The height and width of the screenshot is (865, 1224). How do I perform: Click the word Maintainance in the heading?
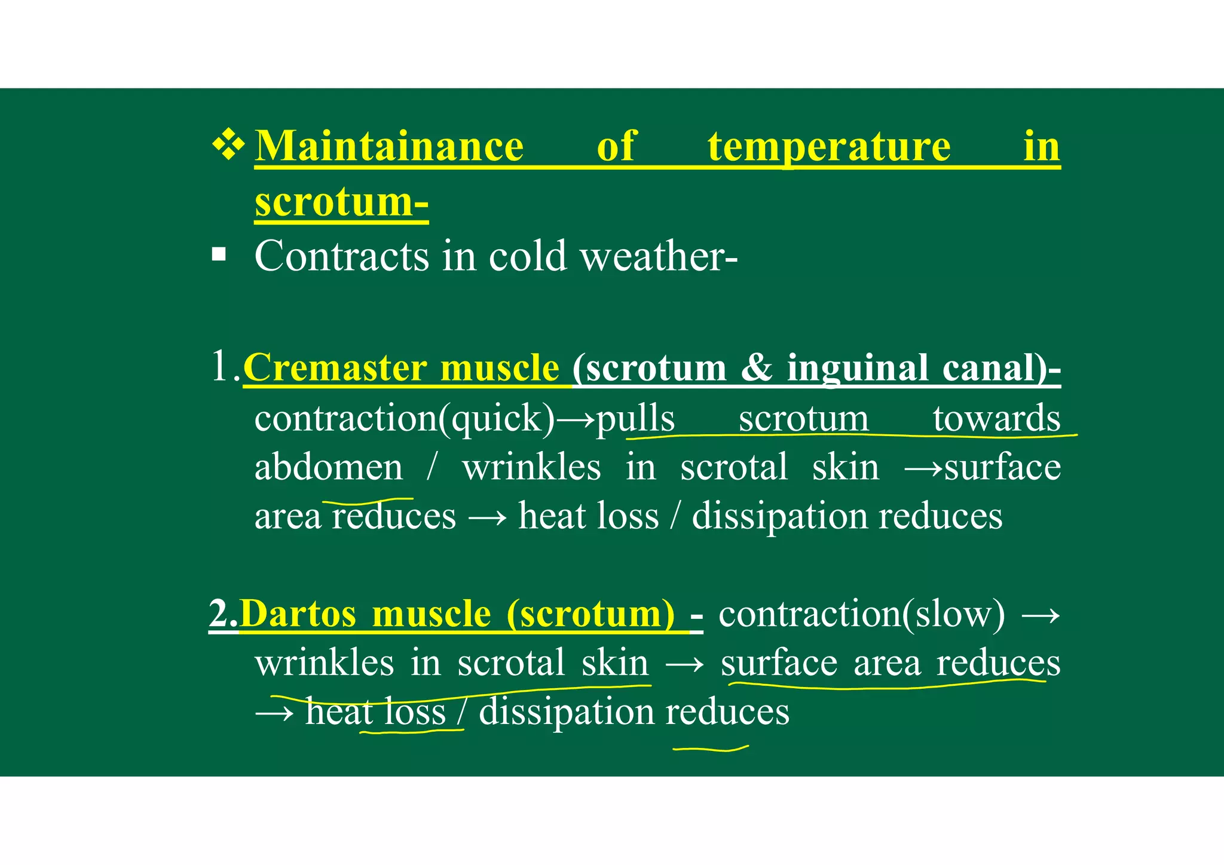coord(389,146)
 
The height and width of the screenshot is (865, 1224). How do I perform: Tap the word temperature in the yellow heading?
coord(829,146)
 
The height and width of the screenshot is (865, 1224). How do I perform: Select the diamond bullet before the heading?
coord(229,145)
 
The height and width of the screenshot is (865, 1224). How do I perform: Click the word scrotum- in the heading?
coord(341,201)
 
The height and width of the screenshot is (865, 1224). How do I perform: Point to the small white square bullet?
coord(219,255)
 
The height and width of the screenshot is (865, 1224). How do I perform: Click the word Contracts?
coord(342,256)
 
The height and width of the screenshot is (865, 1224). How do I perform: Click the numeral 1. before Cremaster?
coord(225,366)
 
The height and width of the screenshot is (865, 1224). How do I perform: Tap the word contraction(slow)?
coord(861,614)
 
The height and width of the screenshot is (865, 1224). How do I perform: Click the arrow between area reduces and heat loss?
coord(487,517)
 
